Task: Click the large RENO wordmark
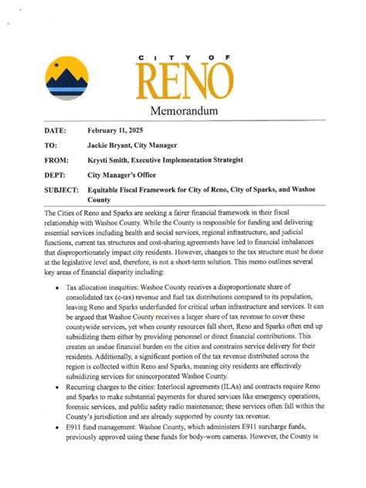[x=185, y=83]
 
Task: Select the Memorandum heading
[x=184, y=113]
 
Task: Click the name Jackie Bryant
[x=114, y=145]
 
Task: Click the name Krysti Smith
[x=113, y=160]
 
